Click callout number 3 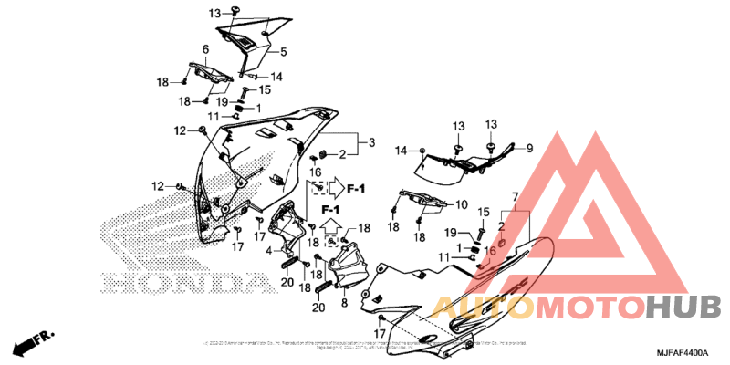tap(371, 142)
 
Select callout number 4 tap(269, 250)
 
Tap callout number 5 tap(283, 52)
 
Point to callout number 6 tap(205, 49)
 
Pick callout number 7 tap(515, 197)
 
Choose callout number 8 tap(345, 302)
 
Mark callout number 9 tap(528, 148)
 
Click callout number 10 tap(462, 204)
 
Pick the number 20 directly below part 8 tap(318, 308)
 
